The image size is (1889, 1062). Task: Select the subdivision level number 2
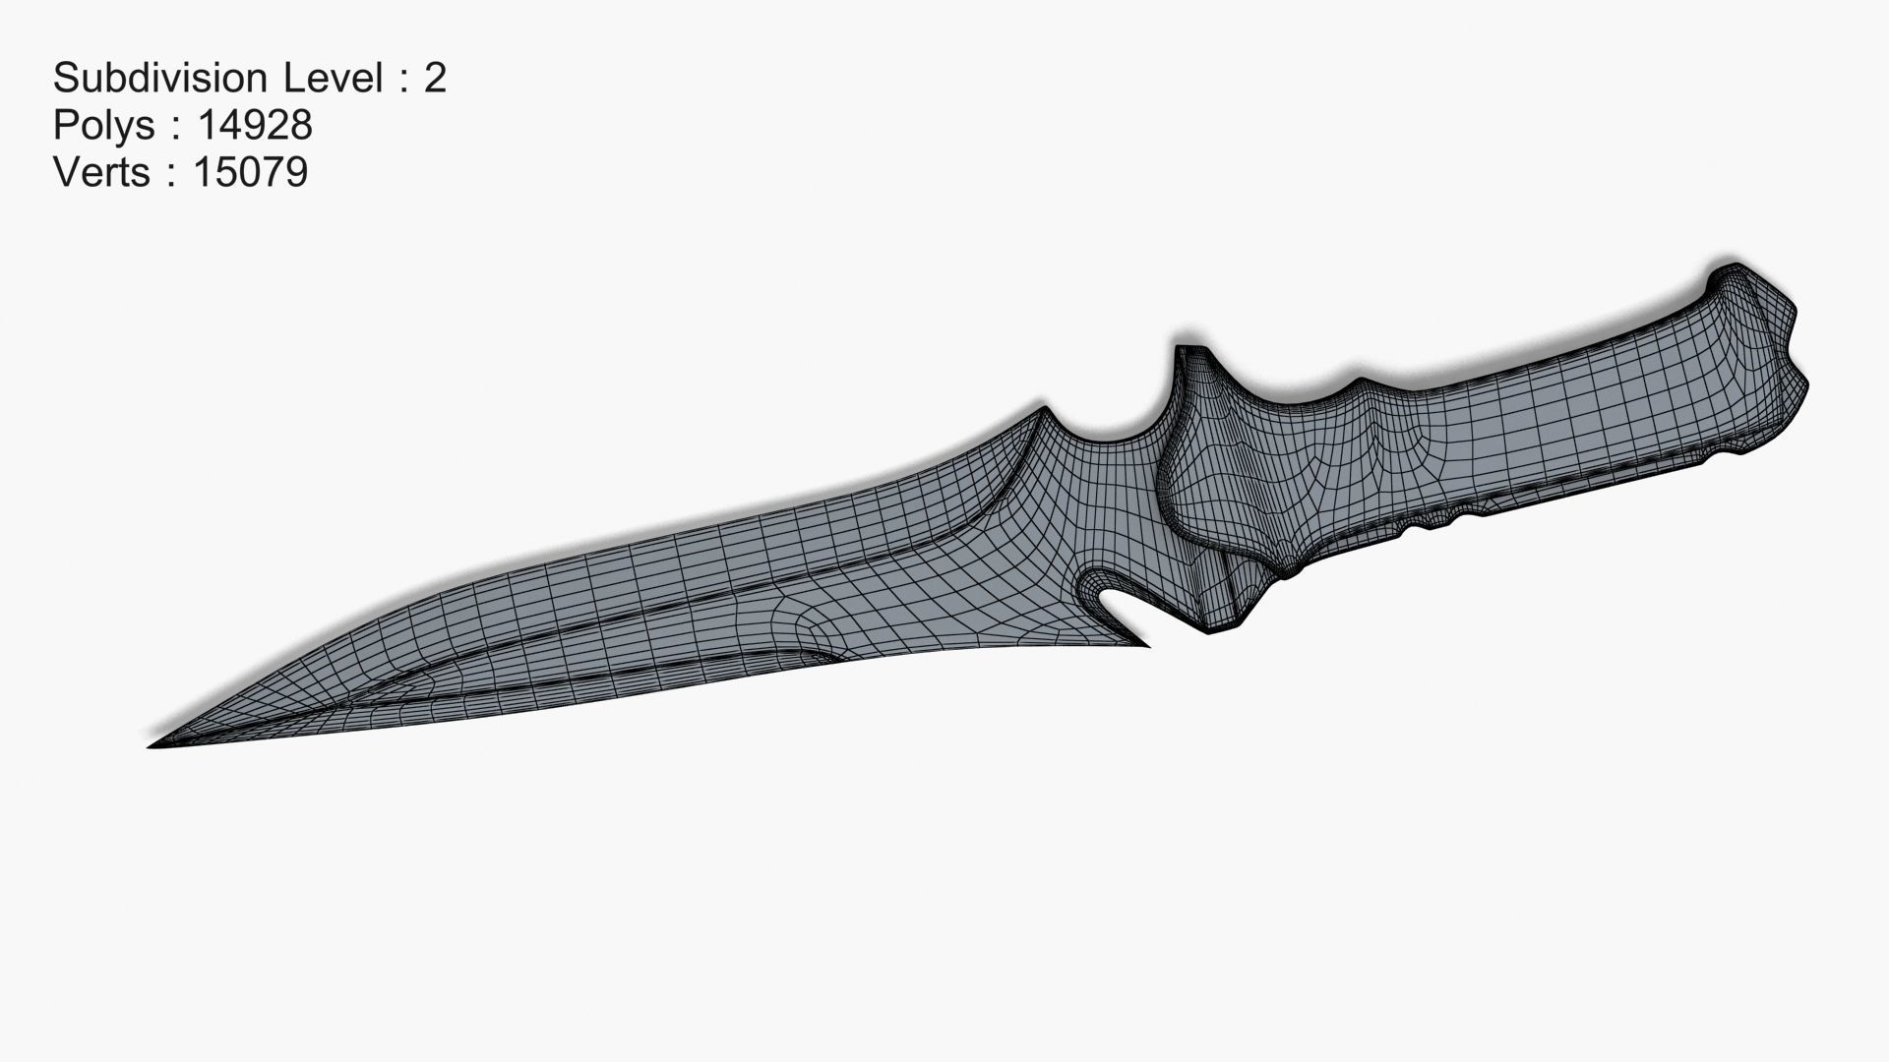point(435,78)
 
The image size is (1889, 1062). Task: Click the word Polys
point(103,125)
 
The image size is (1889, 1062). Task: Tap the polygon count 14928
point(255,125)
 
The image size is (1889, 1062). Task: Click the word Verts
point(102,172)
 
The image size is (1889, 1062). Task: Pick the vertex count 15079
point(251,172)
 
